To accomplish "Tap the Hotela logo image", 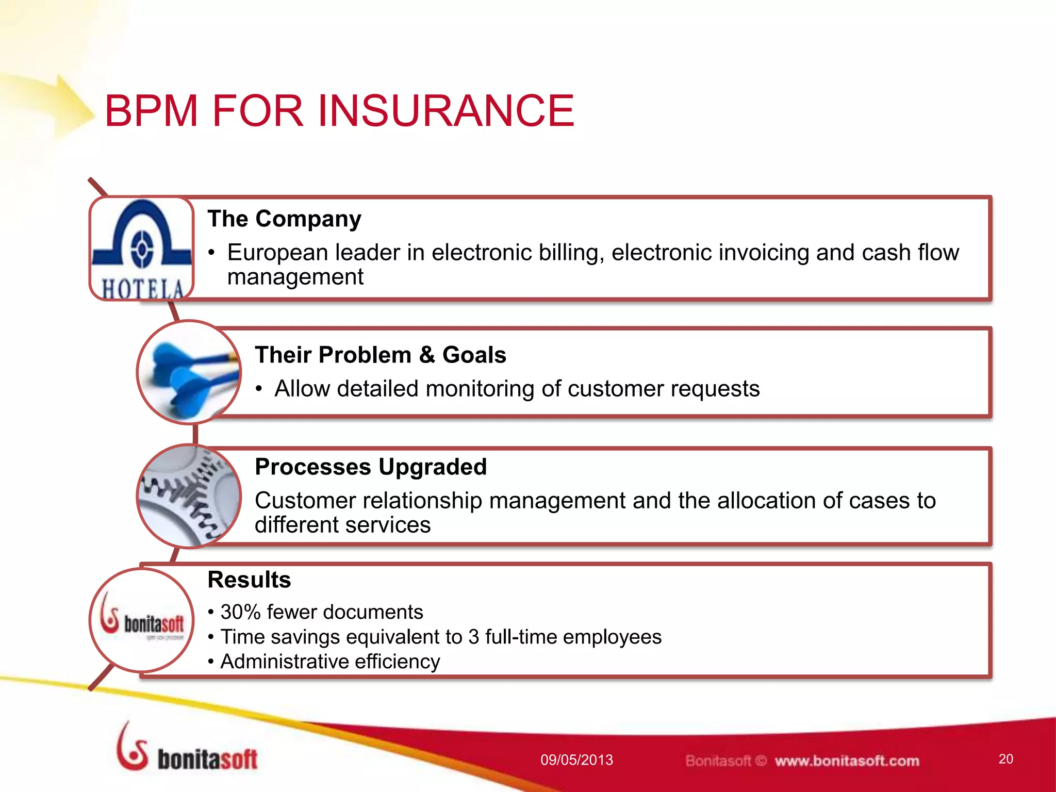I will pyautogui.click(x=142, y=249).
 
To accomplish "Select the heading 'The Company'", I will pyautogui.click(x=284, y=219).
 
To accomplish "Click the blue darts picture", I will pyautogui.click(x=189, y=372).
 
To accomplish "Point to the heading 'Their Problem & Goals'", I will pyautogui.click(x=380, y=355).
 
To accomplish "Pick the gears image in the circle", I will pyautogui.click(x=189, y=496).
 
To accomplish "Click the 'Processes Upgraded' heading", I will pyautogui.click(x=370, y=467).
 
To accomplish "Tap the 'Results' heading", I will pyautogui.click(x=249, y=580).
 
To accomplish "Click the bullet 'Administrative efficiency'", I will pyautogui.click(x=330, y=662).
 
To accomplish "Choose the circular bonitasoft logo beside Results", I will pyautogui.click(x=142, y=620).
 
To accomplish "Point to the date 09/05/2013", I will pyautogui.click(x=576, y=760).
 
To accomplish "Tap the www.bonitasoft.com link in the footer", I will pyautogui.click(x=847, y=761).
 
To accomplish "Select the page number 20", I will pyautogui.click(x=1005, y=759).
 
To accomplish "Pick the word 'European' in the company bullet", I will pyautogui.click(x=277, y=253).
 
